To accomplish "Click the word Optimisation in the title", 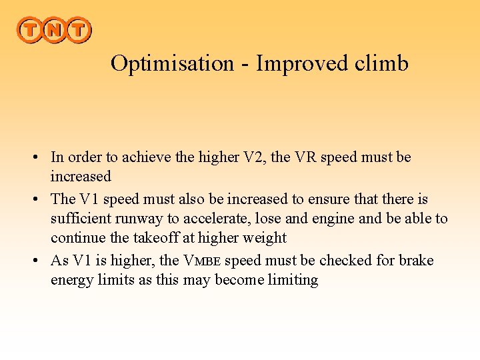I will [x=172, y=63].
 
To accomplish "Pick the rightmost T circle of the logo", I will [x=78, y=30].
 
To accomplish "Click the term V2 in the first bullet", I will [x=253, y=157].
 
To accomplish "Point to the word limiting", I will [x=293, y=280].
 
